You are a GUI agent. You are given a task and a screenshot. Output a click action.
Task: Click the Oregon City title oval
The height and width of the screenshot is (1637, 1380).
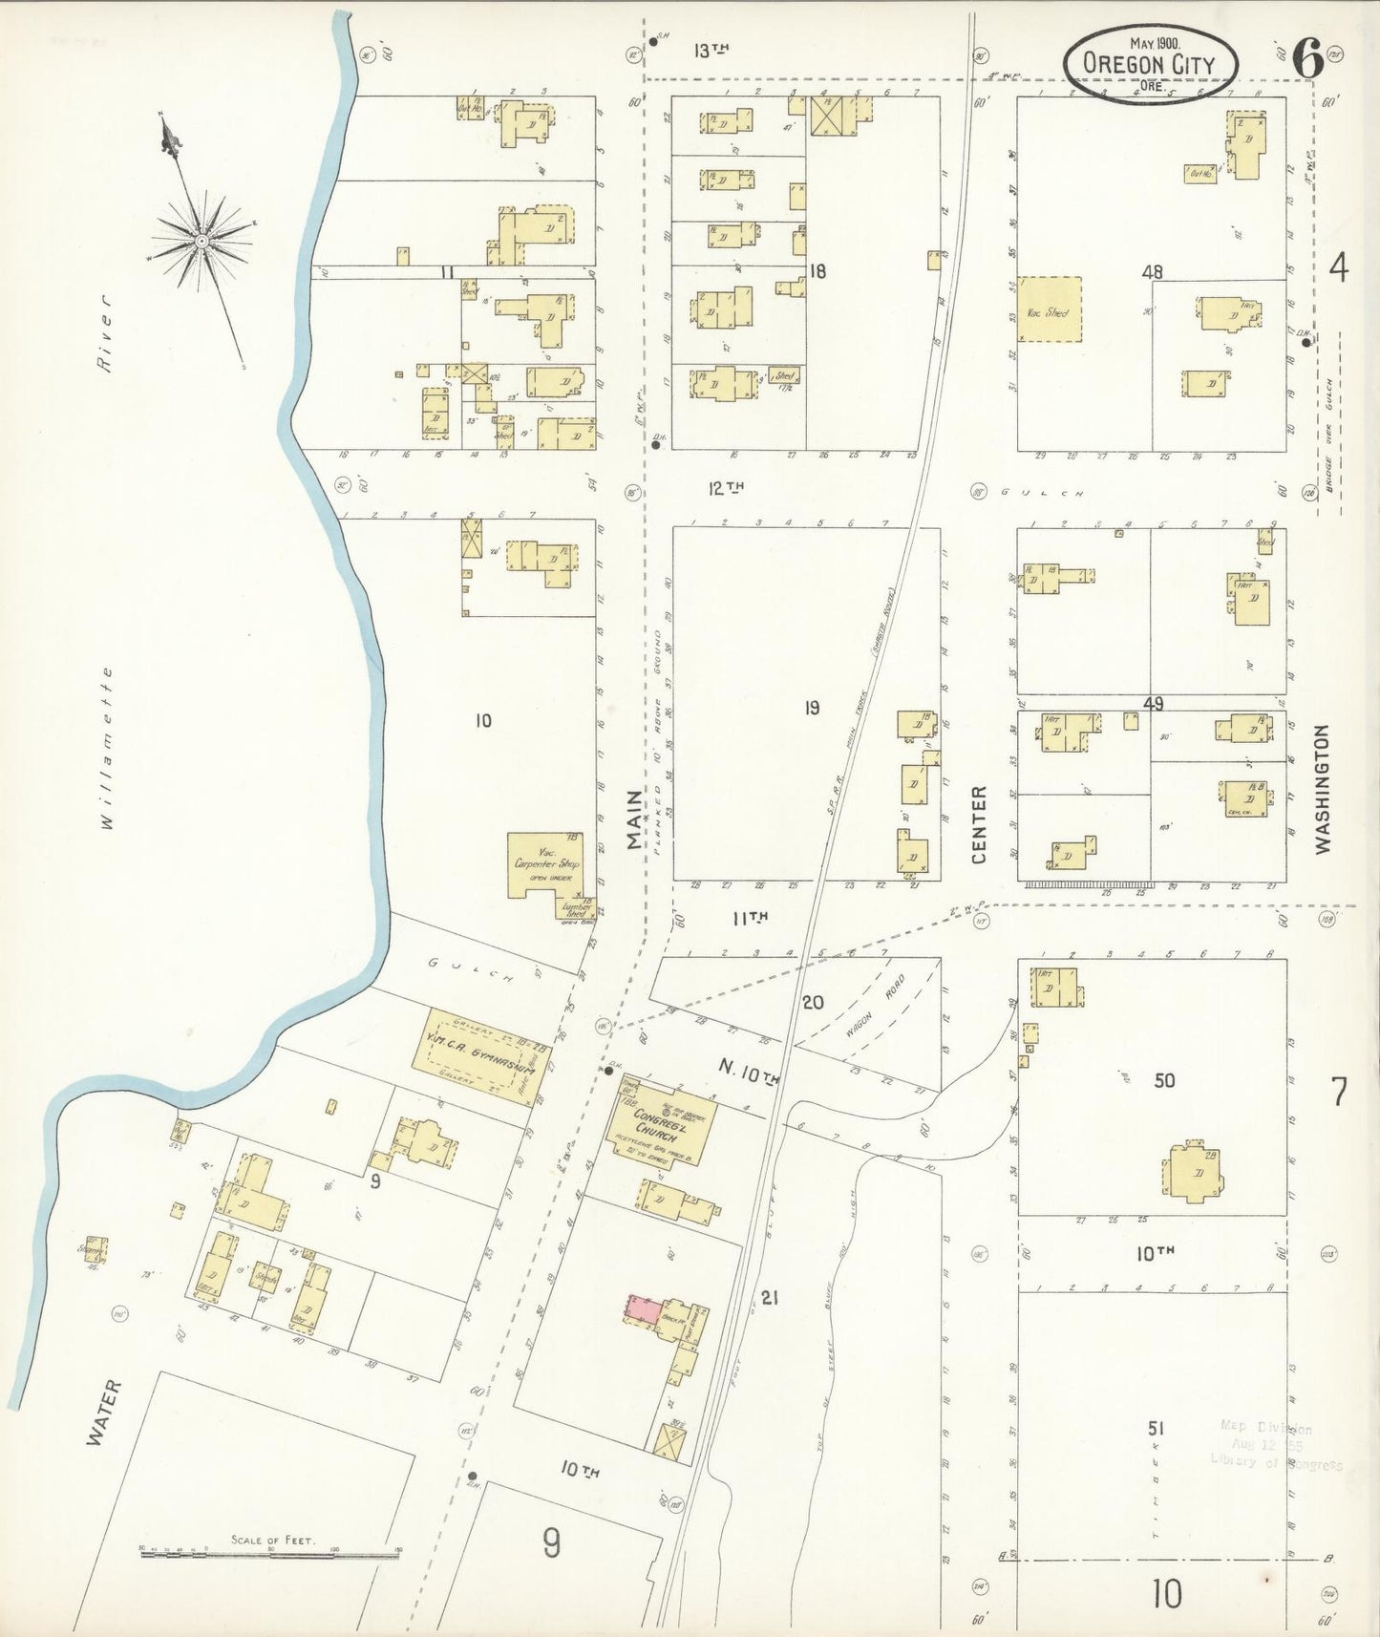pos(1150,62)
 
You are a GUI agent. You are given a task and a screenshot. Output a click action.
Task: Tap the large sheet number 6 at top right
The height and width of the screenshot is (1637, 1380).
pos(1307,60)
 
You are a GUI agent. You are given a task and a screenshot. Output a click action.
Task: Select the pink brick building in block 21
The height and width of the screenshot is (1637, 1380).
pos(644,1308)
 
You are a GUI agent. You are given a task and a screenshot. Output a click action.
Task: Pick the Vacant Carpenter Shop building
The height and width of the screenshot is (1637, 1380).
pos(541,864)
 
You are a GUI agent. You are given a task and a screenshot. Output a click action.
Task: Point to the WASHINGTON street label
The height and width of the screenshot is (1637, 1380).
pos(1322,789)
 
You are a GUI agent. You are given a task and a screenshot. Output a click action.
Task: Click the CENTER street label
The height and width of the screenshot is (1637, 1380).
pos(978,825)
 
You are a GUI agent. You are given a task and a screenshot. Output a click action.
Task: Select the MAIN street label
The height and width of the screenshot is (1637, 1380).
pos(636,818)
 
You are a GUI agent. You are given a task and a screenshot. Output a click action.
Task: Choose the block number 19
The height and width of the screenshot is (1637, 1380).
pos(811,708)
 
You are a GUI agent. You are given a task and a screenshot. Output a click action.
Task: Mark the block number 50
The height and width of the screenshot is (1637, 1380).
pos(1163,1080)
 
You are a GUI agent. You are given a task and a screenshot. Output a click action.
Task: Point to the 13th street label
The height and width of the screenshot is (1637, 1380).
pos(711,52)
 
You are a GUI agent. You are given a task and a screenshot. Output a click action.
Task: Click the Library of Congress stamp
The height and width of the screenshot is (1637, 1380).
pos(1275,1445)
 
